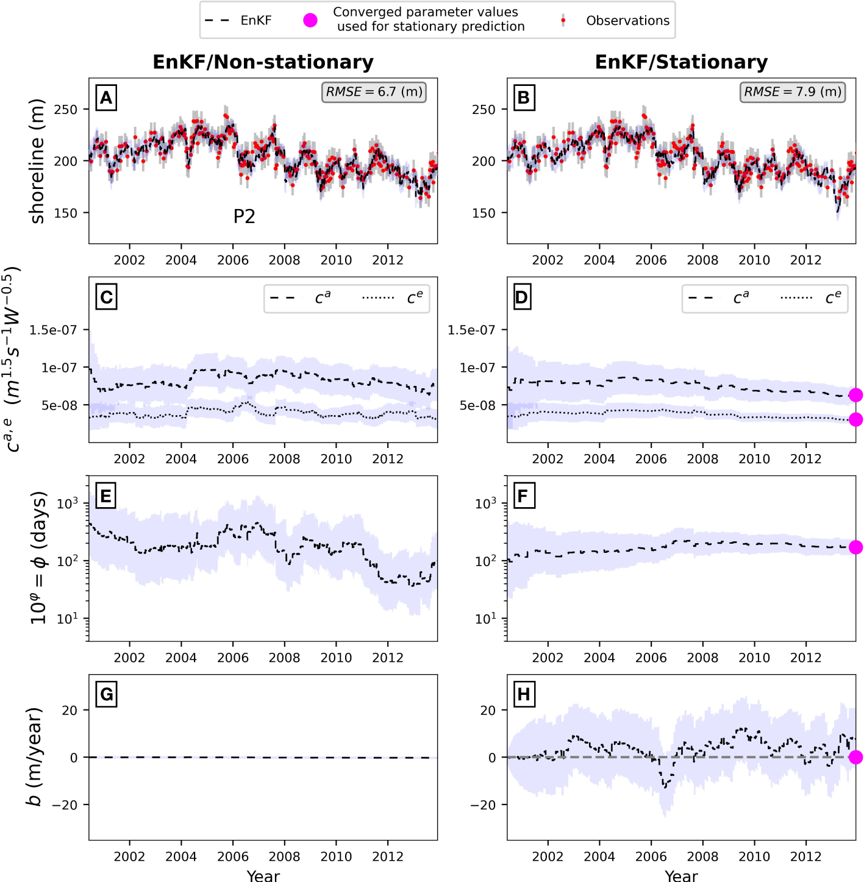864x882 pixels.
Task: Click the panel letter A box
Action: point(106,98)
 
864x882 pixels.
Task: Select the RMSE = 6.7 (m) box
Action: point(374,92)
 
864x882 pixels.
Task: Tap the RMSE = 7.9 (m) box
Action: point(792,92)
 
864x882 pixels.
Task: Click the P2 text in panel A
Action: point(244,216)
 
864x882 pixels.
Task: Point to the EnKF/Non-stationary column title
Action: point(263,62)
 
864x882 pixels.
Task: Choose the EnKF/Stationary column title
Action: point(681,62)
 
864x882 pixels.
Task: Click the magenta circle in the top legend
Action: point(310,20)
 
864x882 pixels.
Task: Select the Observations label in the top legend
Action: point(627,21)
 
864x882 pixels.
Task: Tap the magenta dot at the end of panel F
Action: point(855,547)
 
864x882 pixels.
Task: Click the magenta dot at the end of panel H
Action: point(855,757)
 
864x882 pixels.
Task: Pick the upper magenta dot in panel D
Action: point(855,395)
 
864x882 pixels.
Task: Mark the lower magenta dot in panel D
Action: point(855,419)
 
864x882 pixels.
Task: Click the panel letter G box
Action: point(106,694)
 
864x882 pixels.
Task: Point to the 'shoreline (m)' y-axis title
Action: point(38,161)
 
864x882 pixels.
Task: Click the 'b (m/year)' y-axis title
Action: point(35,756)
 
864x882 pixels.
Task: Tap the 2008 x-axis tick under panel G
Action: point(284,856)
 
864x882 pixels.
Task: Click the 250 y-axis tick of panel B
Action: point(484,110)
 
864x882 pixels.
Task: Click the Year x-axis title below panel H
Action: point(681,876)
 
